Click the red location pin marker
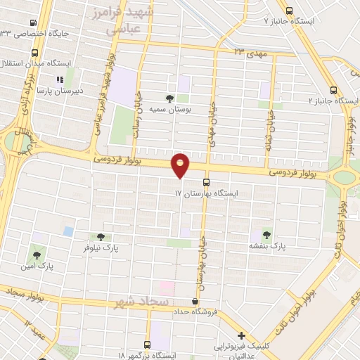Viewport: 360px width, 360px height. click(x=181, y=165)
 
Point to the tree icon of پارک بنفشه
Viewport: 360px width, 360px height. click(x=266, y=234)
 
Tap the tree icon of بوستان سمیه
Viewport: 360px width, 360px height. click(x=169, y=98)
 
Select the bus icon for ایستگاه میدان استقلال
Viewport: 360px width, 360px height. click(x=35, y=53)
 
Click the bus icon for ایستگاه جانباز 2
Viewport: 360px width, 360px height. click(x=333, y=89)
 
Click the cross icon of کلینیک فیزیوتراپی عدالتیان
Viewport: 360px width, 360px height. click(x=242, y=335)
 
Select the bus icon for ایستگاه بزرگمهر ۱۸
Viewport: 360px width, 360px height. click(x=148, y=345)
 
